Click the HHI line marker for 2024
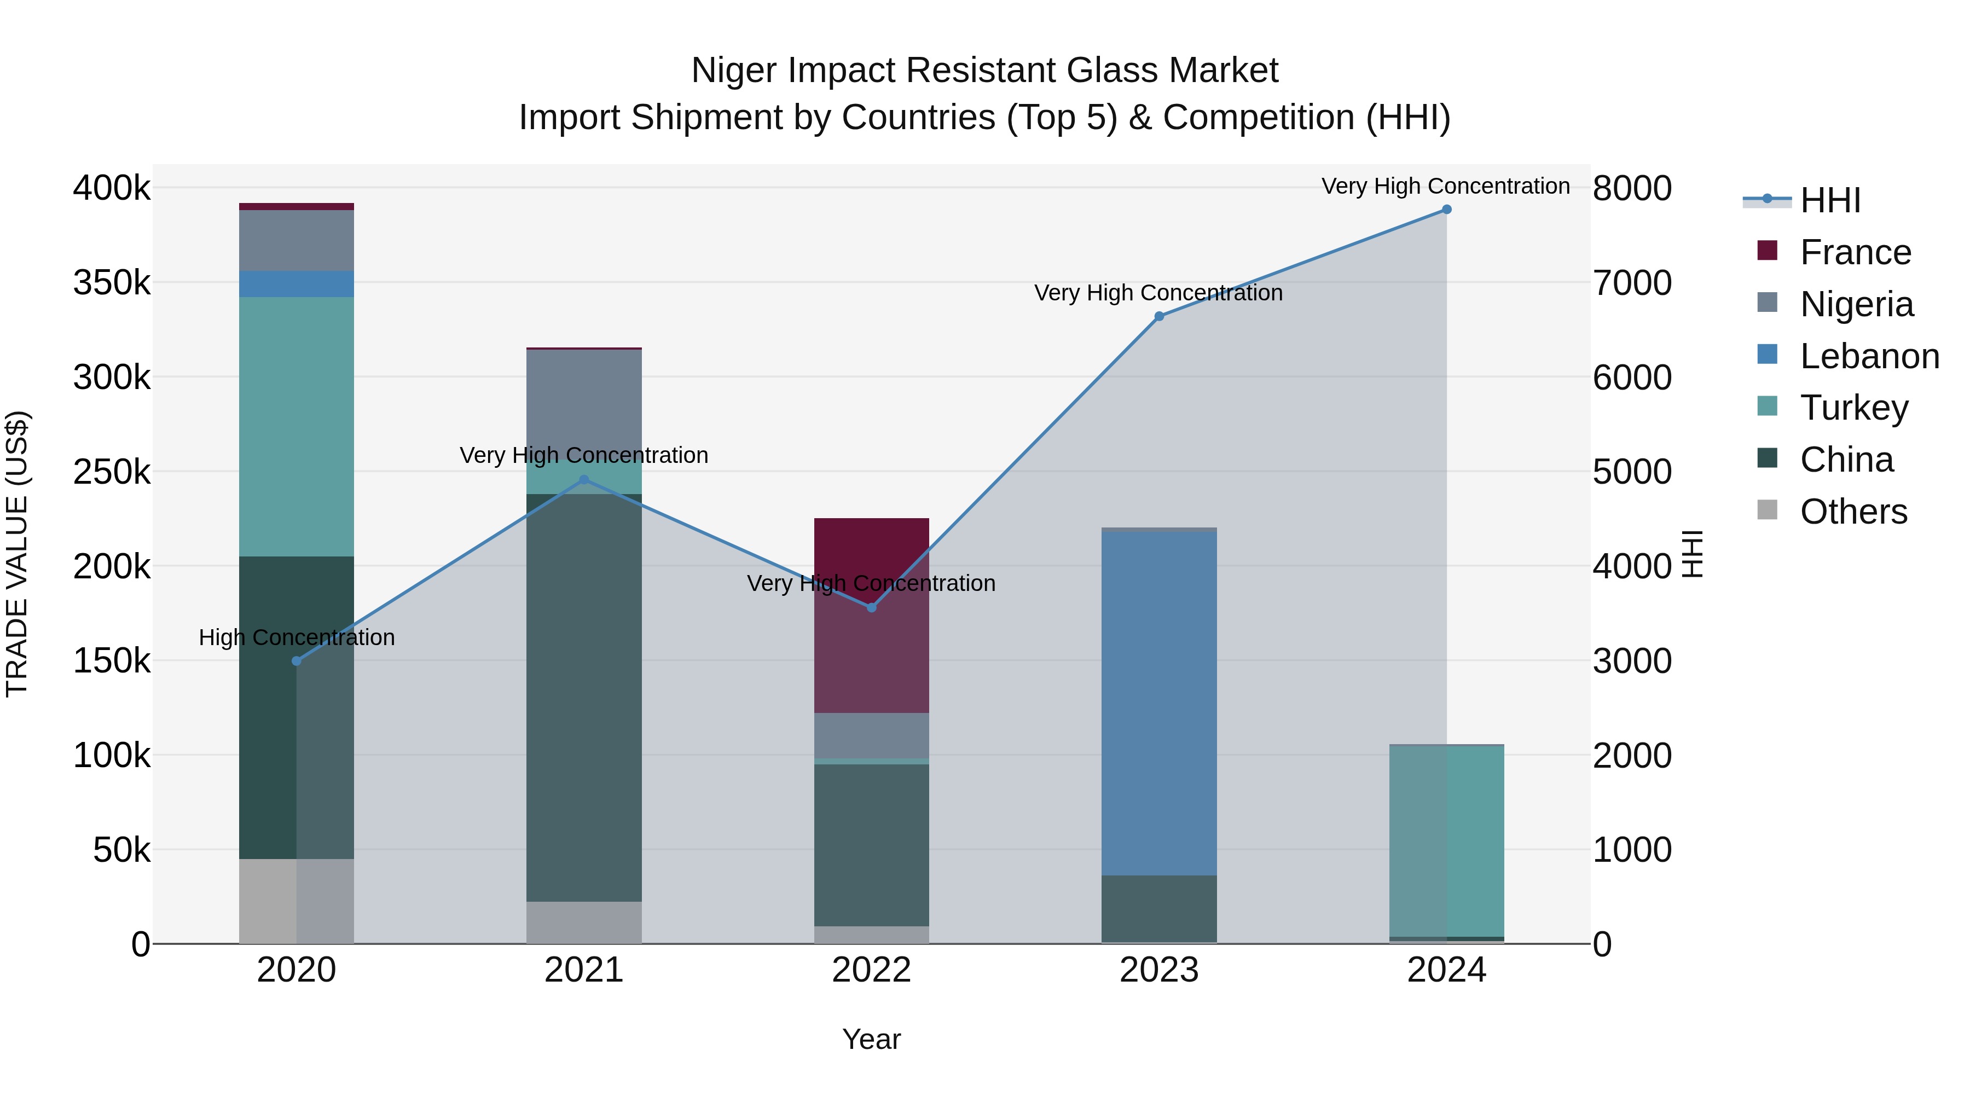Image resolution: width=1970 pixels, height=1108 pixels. (1446, 210)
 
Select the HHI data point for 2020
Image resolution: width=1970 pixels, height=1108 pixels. (297, 660)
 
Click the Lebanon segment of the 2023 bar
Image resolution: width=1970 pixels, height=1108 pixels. (1158, 704)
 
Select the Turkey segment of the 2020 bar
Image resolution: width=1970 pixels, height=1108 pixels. (297, 426)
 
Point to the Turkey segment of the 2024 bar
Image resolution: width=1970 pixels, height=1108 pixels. (1446, 840)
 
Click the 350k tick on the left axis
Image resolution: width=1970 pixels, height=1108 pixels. (112, 283)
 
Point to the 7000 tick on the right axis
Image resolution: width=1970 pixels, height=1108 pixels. (1632, 283)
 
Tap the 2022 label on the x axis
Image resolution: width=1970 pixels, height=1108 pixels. (871, 970)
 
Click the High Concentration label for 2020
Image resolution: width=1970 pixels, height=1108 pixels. (297, 637)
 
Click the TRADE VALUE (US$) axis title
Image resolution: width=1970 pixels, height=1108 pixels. (17, 554)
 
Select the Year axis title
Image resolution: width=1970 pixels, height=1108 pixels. (871, 1039)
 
